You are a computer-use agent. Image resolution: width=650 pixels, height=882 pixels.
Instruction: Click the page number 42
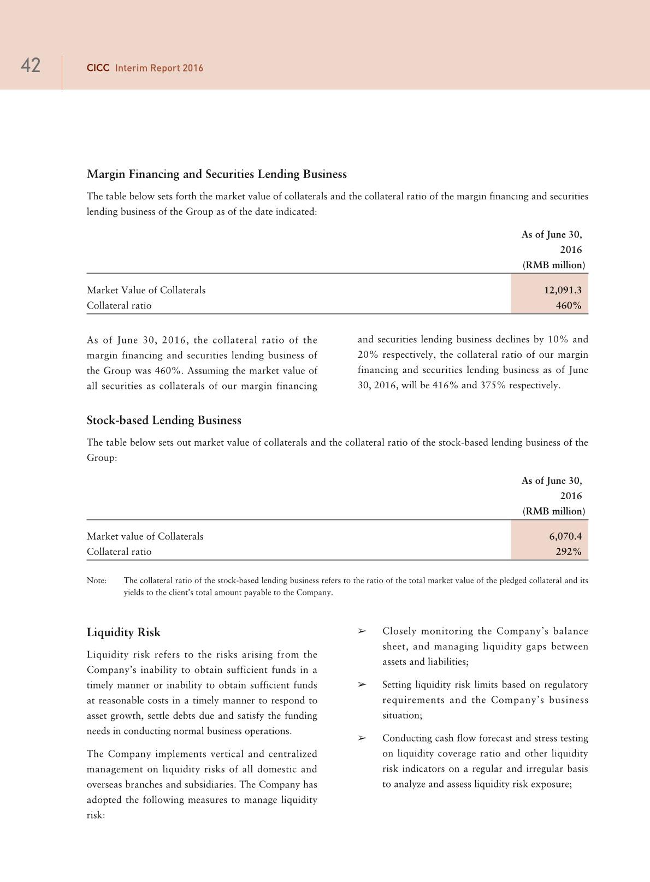31,66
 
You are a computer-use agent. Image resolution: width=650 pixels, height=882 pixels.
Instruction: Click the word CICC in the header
98,68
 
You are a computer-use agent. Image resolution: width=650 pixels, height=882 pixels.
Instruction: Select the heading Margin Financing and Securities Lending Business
217,174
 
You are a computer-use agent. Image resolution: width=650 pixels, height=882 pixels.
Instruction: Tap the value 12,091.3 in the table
563,290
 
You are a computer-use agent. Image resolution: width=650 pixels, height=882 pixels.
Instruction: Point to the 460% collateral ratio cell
569,305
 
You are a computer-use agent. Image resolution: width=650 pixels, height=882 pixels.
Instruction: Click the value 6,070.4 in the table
565,536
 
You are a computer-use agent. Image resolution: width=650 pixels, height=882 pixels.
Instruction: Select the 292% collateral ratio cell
569,552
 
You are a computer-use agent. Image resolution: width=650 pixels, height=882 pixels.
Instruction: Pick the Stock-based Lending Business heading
164,421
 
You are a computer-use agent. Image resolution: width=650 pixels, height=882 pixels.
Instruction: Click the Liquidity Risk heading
123,632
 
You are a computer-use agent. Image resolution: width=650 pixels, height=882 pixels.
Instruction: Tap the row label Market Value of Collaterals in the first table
146,290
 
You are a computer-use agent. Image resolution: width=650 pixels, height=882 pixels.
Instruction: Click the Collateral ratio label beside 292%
119,552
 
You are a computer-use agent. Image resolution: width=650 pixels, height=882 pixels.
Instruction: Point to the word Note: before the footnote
97,581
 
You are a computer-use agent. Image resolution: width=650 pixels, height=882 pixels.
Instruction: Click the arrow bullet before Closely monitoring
361,631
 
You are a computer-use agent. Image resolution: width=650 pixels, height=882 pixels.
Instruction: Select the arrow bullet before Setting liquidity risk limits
361,685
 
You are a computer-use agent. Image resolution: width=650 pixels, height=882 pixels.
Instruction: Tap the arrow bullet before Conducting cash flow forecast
361,738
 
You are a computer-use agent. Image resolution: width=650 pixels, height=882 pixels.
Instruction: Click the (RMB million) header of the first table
553,265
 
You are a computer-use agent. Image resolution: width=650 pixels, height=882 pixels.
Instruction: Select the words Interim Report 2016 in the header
159,68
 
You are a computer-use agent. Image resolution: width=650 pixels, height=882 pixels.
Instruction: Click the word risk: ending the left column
96,815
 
